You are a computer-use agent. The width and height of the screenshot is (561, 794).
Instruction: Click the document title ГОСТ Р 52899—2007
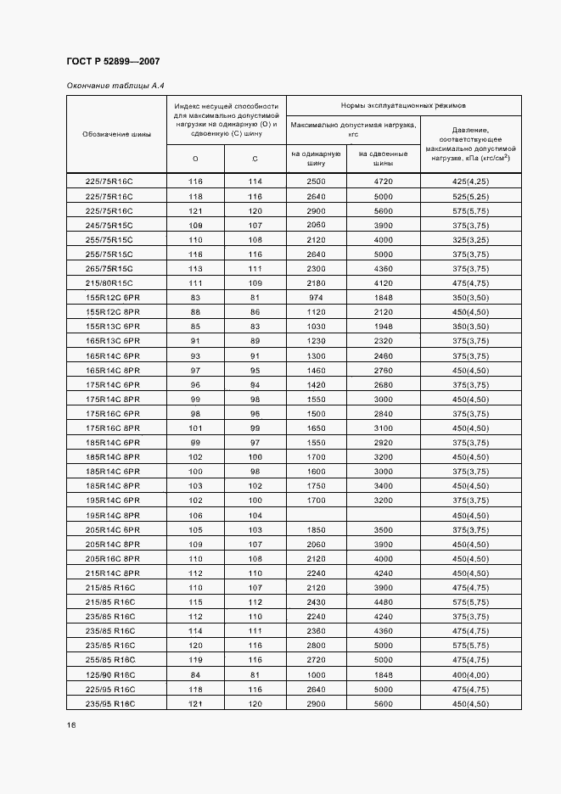point(112,62)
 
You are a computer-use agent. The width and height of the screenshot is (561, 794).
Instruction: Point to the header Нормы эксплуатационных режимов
point(403,105)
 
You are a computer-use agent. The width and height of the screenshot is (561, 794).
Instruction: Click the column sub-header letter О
point(195,159)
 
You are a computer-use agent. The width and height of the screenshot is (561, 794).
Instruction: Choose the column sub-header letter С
point(255,159)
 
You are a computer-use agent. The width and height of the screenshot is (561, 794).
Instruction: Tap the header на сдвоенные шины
point(383,159)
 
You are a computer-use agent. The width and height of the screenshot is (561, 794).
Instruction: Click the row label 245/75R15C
point(109,225)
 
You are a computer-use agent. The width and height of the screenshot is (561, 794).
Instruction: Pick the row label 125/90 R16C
point(111,674)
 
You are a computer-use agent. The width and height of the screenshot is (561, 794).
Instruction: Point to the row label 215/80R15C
point(109,282)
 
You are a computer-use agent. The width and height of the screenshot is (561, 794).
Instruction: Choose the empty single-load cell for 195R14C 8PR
point(316,515)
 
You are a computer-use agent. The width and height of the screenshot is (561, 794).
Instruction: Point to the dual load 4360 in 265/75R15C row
point(383,268)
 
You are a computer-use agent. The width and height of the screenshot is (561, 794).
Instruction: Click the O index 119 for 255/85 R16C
point(195,660)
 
